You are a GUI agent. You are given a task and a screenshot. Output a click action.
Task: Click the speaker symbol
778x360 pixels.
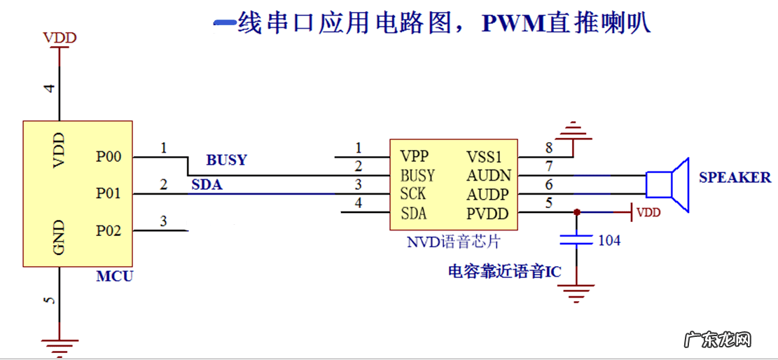[x=668, y=184]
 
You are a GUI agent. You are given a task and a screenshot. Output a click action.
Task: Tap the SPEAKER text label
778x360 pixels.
[x=735, y=178]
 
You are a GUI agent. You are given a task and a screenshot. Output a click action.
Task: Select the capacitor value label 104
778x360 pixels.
[x=609, y=240]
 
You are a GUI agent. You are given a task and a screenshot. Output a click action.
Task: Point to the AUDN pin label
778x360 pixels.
[x=489, y=175]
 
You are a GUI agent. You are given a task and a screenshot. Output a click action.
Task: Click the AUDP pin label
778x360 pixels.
[x=489, y=194]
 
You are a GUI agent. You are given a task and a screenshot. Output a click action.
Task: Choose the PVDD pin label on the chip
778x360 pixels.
[x=488, y=214]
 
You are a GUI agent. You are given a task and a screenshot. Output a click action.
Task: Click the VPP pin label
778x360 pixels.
[x=415, y=155]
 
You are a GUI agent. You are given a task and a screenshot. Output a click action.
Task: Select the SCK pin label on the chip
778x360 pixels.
[x=413, y=194]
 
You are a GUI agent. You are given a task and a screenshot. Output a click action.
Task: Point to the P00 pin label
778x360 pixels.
[x=109, y=157]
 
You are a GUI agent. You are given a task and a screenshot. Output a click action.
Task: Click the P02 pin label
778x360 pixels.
[x=109, y=230]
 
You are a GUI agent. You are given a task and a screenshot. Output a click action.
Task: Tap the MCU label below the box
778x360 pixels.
[x=114, y=276]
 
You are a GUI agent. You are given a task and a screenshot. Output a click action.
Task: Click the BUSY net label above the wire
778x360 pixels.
[x=226, y=160]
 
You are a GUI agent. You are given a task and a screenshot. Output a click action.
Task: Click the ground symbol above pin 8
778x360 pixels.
[x=573, y=129]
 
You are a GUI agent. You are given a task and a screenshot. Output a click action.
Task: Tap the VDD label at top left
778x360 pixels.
[x=60, y=38]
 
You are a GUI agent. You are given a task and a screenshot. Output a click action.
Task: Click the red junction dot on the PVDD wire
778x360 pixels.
[x=576, y=212]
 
